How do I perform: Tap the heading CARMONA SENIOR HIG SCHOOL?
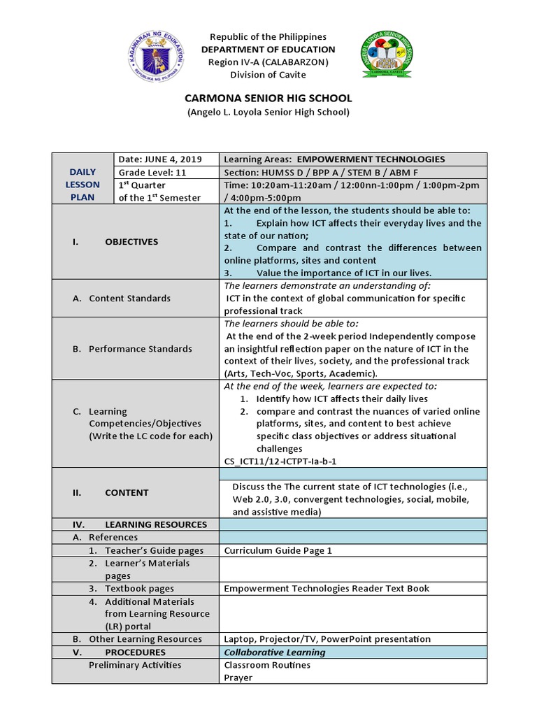coord(268,99)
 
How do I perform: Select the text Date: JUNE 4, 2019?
coord(159,159)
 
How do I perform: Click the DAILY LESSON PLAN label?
coord(83,185)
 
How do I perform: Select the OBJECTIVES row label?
coord(131,242)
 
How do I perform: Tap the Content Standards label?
coord(129,299)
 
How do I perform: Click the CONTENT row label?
coord(127,493)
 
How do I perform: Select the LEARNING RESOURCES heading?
coord(155,524)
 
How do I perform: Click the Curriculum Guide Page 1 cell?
coord(278,550)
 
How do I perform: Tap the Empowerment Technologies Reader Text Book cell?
coord(327,589)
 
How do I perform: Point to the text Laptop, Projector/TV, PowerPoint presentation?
coord(327,639)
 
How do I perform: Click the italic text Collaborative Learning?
coord(274,652)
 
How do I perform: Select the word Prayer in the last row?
coord(238,678)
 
